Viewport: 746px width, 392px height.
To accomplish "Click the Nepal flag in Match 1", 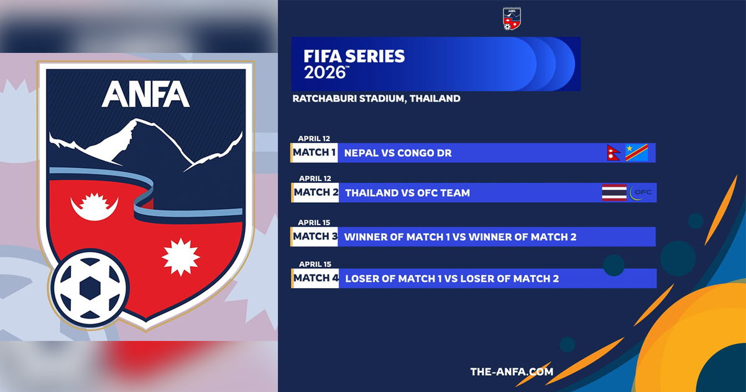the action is [613, 152].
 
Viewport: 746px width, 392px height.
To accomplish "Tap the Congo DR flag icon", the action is [637, 152].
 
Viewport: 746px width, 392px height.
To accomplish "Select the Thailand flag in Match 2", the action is [614, 193].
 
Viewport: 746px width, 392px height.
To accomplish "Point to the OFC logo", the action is [640, 193].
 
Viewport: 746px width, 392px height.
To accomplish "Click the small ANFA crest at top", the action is [512, 19].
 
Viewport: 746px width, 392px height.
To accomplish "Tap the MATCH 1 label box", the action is [314, 152].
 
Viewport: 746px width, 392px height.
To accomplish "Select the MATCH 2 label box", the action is [315, 193].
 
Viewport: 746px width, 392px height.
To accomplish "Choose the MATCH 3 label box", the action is [314, 236].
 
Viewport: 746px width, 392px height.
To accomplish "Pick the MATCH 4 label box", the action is [315, 278].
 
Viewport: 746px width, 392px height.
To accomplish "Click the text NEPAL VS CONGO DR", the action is [398, 153].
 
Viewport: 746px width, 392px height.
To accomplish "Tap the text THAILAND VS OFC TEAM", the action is [407, 193].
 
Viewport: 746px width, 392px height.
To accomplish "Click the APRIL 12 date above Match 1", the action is [314, 138].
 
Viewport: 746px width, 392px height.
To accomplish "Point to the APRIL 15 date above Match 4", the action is [315, 264].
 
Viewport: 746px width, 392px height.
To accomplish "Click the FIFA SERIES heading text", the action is [354, 56].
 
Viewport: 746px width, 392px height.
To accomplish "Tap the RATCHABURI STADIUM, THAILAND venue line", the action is [376, 99].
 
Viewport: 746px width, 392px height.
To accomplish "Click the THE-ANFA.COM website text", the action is [512, 371].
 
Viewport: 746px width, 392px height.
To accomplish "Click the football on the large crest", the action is [90, 287].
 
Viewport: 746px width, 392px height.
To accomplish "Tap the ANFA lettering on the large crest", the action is [145, 94].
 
